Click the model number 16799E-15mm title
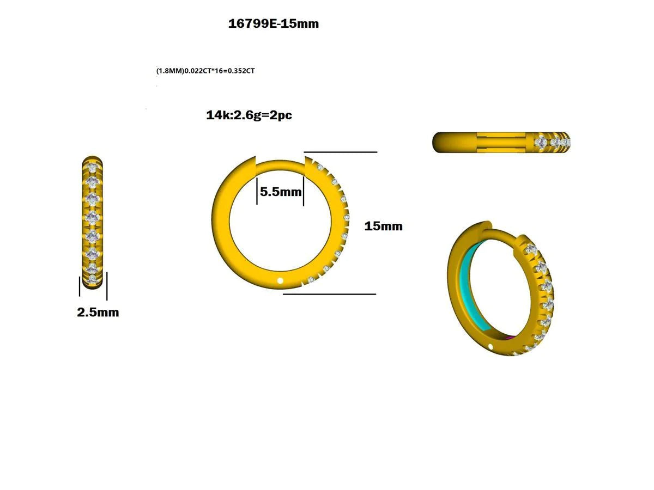pos(274,24)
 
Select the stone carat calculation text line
pos(205,71)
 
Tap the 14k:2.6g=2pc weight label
pos(249,115)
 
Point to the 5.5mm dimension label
pos(280,192)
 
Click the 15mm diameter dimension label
pos(383,226)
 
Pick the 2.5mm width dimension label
pos(98,313)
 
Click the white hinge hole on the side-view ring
pos(281,281)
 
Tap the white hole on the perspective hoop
pos(490,346)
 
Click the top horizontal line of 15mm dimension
pos(341,152)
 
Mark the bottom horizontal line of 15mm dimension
pos(330,294)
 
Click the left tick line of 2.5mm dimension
pos(80,287)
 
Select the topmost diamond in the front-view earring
pos(93,168)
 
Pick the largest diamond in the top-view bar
pos(541,142)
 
